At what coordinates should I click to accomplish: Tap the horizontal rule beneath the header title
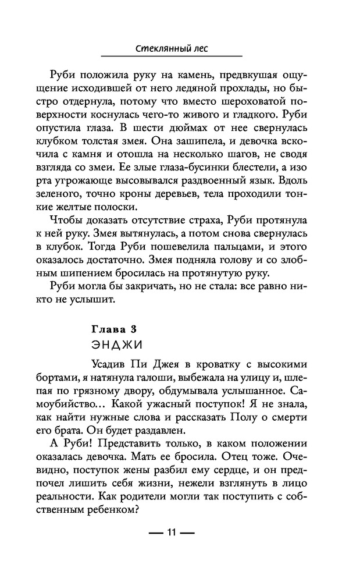(x=172, y=56)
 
